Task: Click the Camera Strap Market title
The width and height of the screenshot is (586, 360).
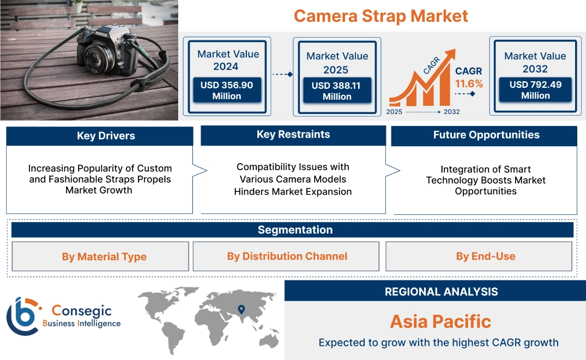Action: [x=380, y=16]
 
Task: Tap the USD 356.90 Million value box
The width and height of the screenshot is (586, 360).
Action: [x=226, y=91]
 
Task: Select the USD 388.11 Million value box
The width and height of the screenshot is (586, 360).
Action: [x=337, y=91]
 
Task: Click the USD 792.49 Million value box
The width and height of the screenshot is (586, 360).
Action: [x=535, y=90]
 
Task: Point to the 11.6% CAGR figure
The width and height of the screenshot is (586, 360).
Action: [x=469, y=83]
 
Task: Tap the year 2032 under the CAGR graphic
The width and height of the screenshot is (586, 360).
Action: [x=451, y=112]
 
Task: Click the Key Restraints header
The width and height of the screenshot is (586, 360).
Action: [x=293, y=135]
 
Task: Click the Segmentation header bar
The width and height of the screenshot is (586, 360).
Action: [x=295, y=230]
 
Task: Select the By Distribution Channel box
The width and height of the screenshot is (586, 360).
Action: [x=287, y=256]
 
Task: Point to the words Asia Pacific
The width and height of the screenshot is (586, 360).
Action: [x=440, y=321]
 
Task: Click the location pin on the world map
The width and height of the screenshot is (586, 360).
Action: [x=241, y=310]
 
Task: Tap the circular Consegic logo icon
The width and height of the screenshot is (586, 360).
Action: [x=22, y=316]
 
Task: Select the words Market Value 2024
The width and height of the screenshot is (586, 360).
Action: [x=228, y=60]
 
